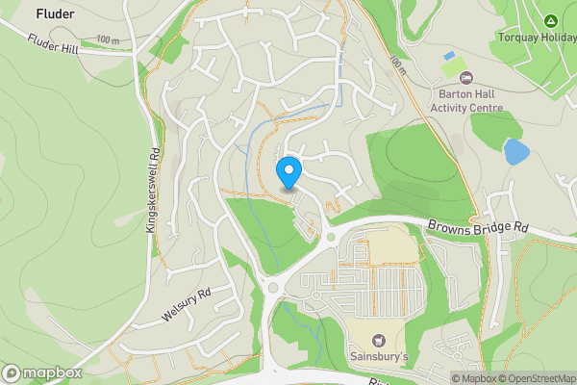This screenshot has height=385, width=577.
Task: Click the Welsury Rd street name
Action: pos(186,306)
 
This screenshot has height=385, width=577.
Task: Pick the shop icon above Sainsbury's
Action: pos(378,340)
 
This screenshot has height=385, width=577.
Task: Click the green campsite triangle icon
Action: pos(551,20)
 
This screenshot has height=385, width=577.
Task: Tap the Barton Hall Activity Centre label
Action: pos(466,100)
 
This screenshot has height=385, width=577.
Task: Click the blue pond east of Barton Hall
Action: pos(516,151)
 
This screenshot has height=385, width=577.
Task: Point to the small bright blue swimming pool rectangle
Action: pos(449,57)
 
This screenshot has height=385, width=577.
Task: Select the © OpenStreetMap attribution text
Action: pos(539,378)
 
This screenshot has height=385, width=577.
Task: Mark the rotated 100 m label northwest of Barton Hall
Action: pos(395,64)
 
